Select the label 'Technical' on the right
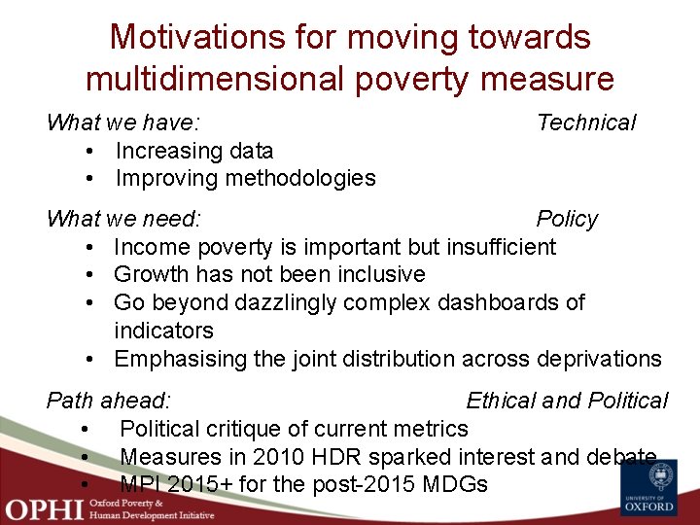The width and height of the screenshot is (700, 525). [x=586, y=122]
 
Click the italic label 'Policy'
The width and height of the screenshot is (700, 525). [x=567, y=219]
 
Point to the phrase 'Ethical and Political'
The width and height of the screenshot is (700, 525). [x=567, y=401]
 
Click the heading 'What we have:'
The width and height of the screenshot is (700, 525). [x=123, y=122]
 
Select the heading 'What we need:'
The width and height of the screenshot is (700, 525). [x=123, y=219]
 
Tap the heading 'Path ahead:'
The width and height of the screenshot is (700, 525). [x=109, y=401]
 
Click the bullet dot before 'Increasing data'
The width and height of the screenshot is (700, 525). [x=88, y=152]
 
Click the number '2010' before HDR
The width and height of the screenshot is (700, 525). [x=277, y=457]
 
